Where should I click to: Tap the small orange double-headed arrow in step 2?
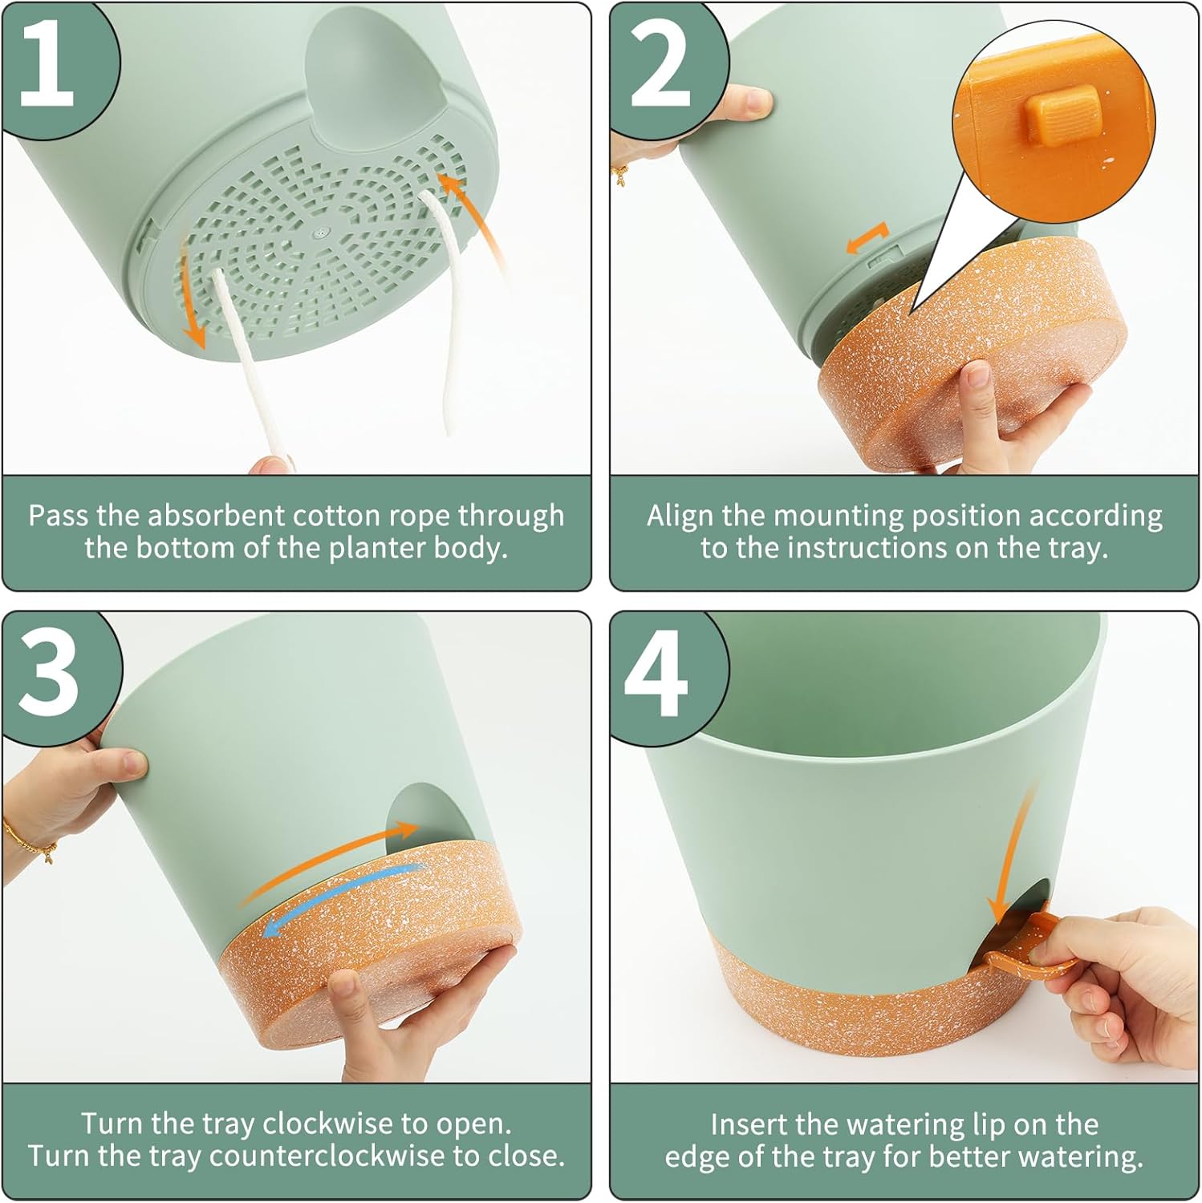pos(867,239)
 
